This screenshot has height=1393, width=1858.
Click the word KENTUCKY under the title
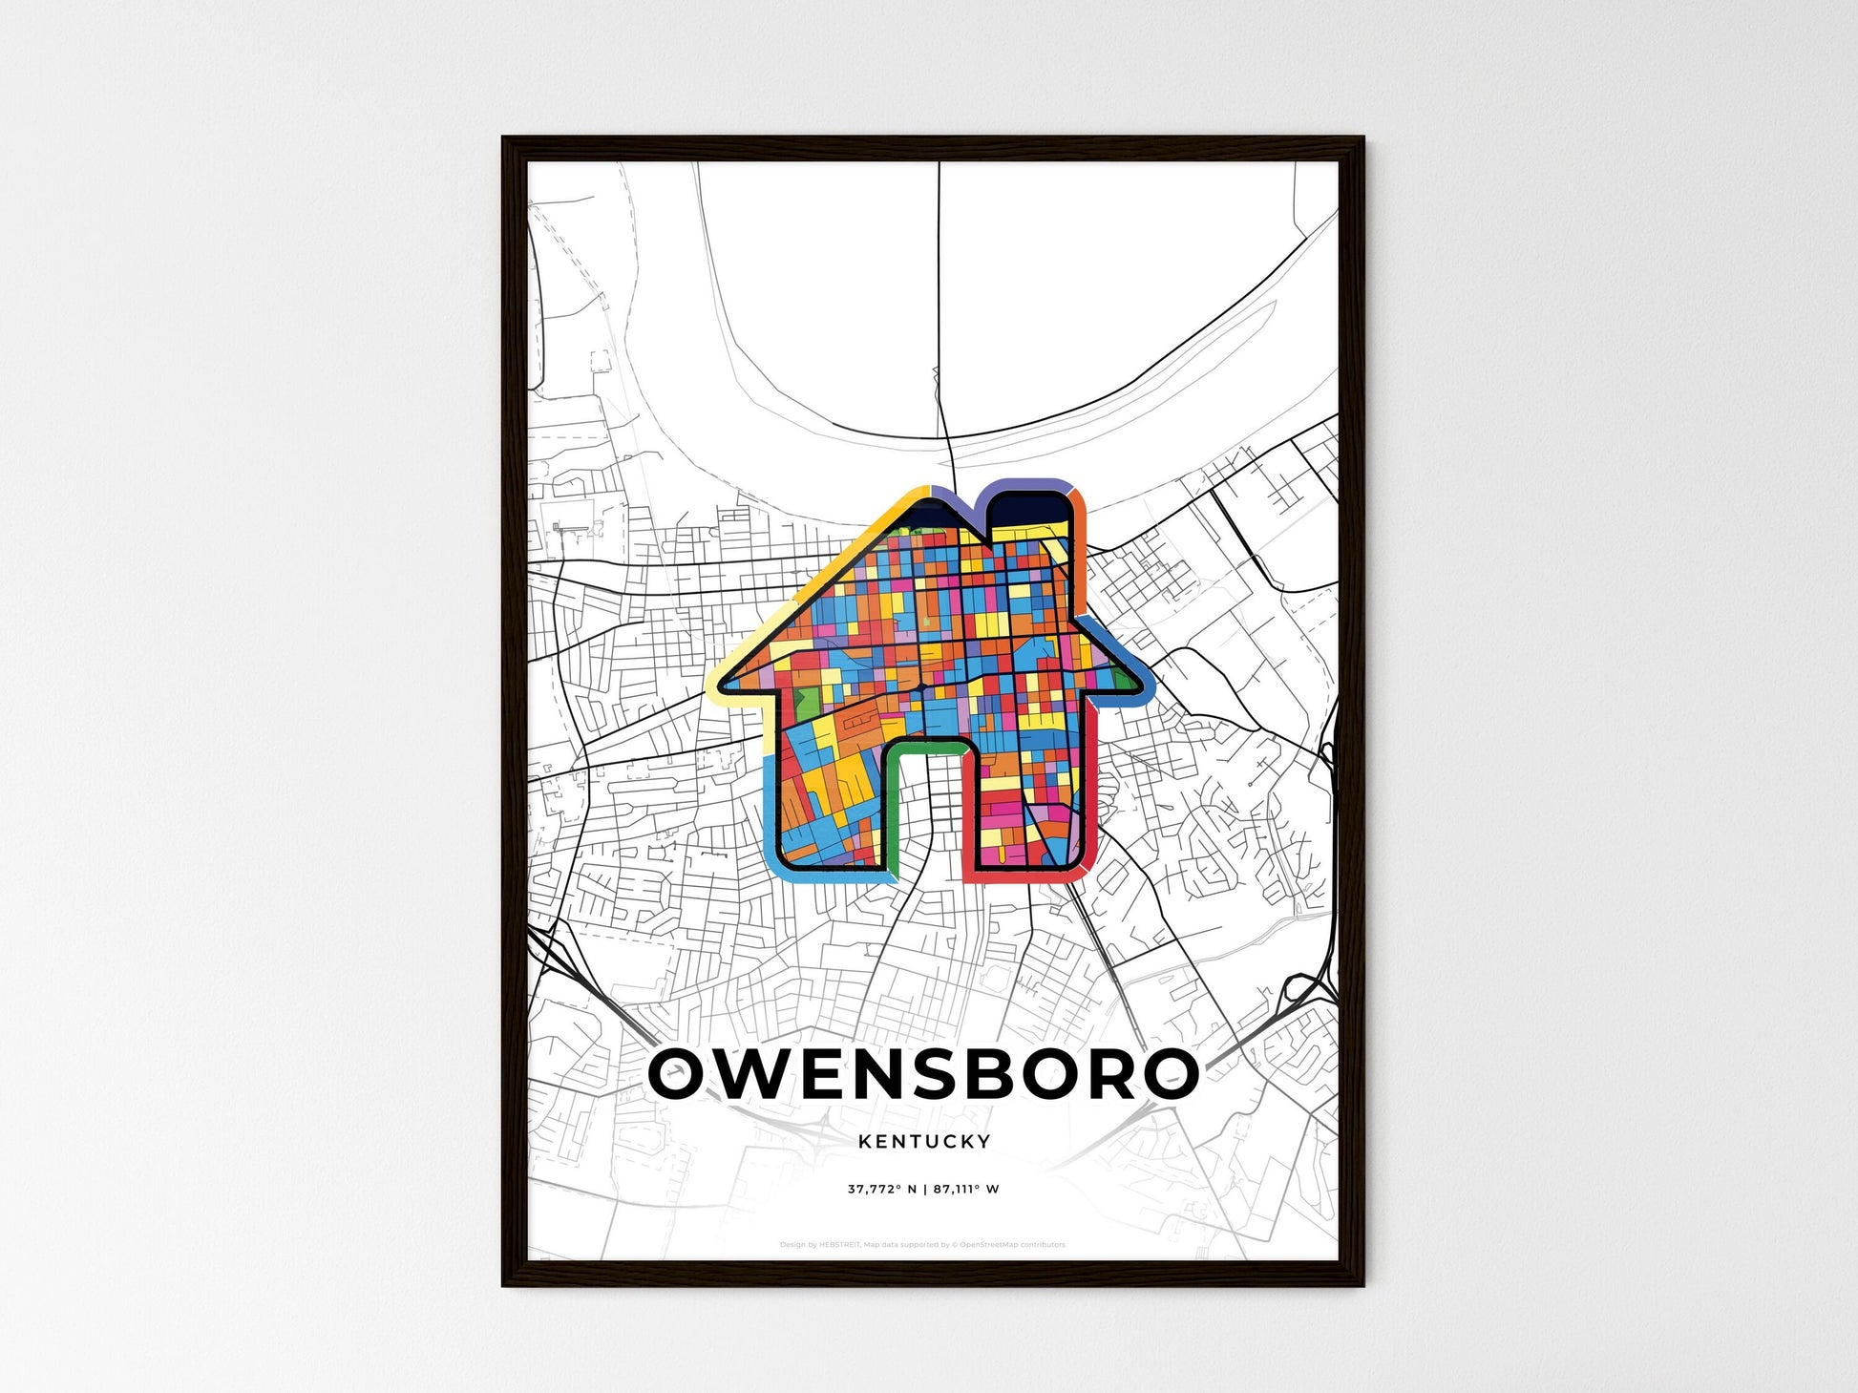coord(924,1141)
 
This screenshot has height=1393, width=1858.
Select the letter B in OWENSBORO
coord(1021,1073)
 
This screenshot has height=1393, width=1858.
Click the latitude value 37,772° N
coord(881,1190)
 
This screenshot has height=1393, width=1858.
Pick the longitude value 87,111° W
coord(966,1190)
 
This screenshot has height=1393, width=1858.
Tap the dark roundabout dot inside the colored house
coord(922,686)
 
